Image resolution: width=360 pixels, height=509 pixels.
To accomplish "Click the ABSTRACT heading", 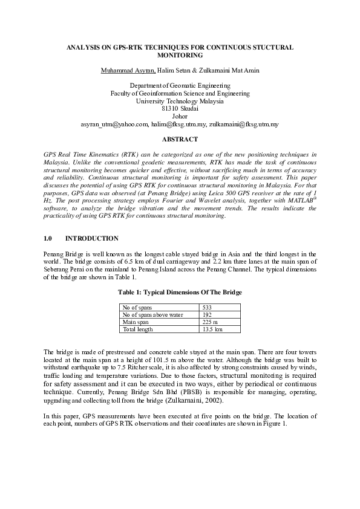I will (x=180, y=139).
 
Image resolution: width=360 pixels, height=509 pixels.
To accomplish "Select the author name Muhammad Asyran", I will (x=128, y=71).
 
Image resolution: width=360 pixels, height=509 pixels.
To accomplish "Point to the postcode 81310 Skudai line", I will (x=180, y=109).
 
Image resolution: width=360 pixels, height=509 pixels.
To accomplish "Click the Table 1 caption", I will (x=180, y=293).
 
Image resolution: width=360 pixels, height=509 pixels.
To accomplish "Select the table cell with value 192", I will (x=207, y=315).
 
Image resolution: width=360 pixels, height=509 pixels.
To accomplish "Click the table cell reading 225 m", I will (x=209, y=322).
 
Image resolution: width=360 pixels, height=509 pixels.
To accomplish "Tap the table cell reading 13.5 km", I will (x=212, y=329).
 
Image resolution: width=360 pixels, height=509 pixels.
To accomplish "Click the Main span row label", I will (x=136, y=322).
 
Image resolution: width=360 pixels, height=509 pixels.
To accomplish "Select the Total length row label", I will (x=138, y=329).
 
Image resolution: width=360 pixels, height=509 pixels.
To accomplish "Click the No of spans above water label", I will (x=152, y=315).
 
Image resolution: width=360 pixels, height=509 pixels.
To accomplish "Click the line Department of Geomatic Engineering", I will (x=180, y=86).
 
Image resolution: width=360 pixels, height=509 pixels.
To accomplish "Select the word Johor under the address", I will (x=180, y=116).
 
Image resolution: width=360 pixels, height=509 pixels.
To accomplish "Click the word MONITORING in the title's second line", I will (x=180, y=54).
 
